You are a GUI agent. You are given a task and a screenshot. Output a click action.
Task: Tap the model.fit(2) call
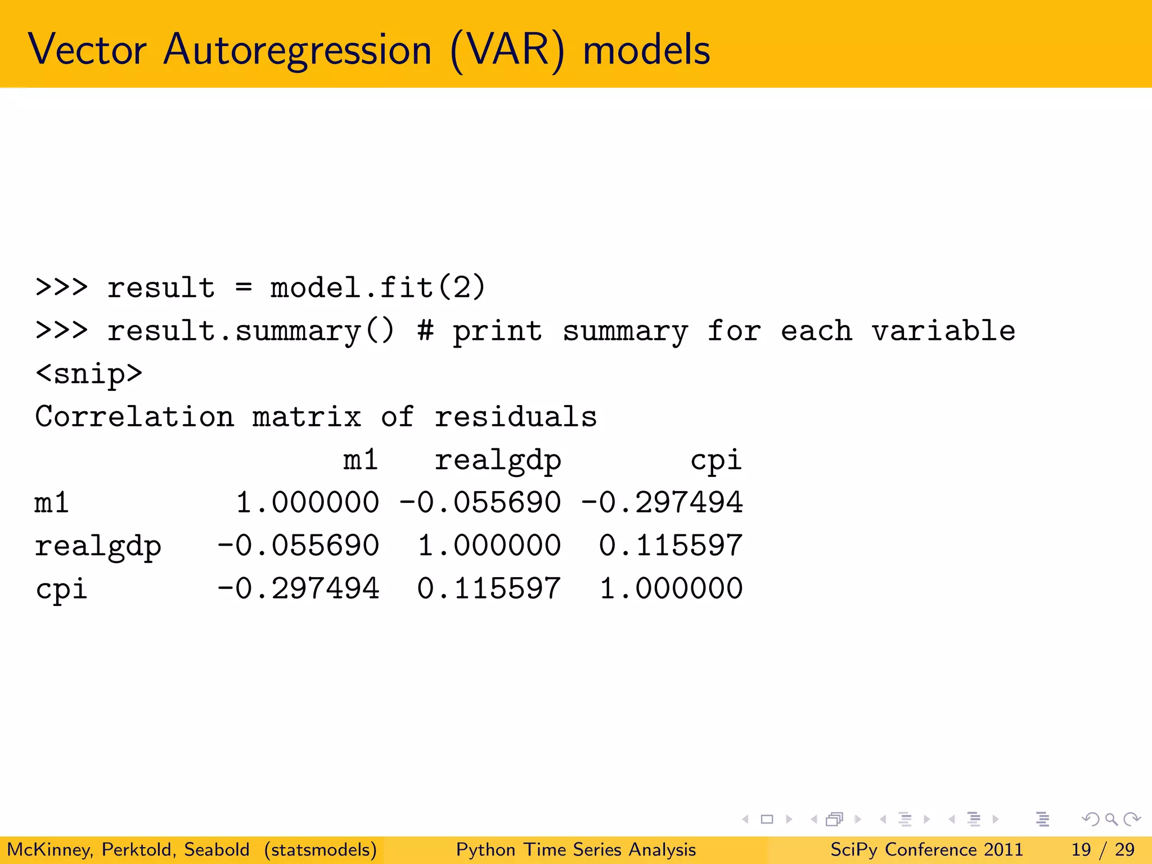(x=377, y=287)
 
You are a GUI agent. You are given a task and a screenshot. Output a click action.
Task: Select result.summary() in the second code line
(x=251, y=331)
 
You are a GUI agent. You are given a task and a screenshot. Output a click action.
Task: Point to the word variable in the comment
(x=943, y=331)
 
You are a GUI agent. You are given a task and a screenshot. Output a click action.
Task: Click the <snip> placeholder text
(x=89, y=373)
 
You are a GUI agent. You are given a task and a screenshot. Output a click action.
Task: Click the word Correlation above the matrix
(x=134, y=417)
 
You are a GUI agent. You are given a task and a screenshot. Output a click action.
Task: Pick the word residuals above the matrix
(x=515, y=417)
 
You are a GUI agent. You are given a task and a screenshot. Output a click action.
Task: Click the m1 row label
(x=52, y=503)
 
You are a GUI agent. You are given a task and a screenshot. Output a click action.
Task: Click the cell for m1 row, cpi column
(x=661, y=503)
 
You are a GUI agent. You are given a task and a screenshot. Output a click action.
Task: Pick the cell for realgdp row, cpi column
(x=670, y=546)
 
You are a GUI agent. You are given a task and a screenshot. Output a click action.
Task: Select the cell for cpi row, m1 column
(x=298, y=589)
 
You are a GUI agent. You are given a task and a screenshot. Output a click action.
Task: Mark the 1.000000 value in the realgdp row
(x=489, y=546)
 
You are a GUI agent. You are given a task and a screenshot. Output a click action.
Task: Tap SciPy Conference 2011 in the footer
(x=926, y=849)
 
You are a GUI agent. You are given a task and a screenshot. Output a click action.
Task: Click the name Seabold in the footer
(x=217, y=849)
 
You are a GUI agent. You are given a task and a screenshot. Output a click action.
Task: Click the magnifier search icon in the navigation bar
(x=1111, y=820)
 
